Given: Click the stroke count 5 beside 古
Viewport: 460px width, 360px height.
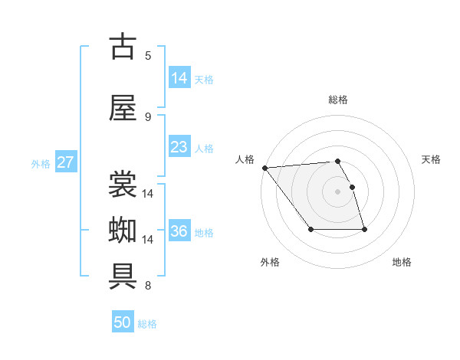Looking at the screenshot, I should (148, 55).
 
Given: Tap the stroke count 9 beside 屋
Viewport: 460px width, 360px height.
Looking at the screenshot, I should (148, 116).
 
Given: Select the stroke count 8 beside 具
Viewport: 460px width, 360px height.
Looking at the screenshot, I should (148, 286).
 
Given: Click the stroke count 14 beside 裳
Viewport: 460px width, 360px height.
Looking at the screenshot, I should (148, 193).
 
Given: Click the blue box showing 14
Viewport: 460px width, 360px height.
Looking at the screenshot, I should (179, 78).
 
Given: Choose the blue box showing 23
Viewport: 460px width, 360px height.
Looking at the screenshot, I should (179, 147).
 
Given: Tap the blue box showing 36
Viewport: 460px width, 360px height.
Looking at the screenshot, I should (179, 231).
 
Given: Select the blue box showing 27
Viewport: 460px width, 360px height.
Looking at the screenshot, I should (65, 162).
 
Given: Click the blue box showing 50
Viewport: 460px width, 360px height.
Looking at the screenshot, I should (123, 322).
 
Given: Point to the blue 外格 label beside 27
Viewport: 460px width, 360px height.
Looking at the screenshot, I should (41, 163).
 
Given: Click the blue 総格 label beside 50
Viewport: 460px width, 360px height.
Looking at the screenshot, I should (147, 324).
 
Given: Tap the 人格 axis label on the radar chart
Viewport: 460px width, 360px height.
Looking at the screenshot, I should (245, 159).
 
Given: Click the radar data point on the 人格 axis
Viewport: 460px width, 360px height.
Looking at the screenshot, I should (264, 168).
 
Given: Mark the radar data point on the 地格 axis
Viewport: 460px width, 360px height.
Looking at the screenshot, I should (364, 230).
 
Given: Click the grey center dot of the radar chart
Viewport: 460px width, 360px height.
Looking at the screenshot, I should (337, 191).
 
